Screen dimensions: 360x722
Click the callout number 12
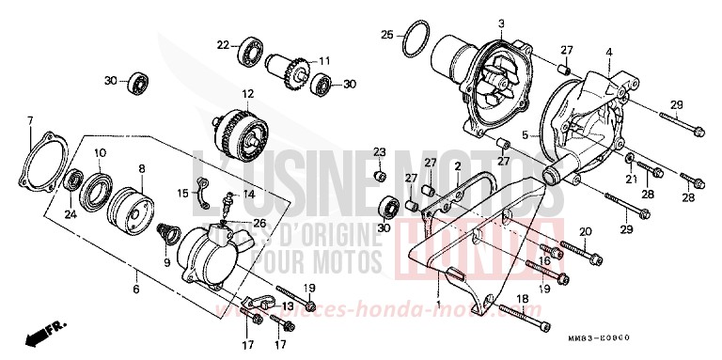pyautogui.click(x=248, y=94)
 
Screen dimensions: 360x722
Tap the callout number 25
pyautogui.click(x=387, y=35)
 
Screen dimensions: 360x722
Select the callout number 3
pyautogui.click(x=501, y=23)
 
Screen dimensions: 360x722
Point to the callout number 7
pyautogui.click(x=30, y=120)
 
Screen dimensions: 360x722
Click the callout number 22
pyautogui.click(x=223, y=43)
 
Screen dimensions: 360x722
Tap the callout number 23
pyautogui.click(x=380, y=151)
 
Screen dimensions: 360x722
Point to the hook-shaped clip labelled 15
pyautogui.click(x=200, y=190)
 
